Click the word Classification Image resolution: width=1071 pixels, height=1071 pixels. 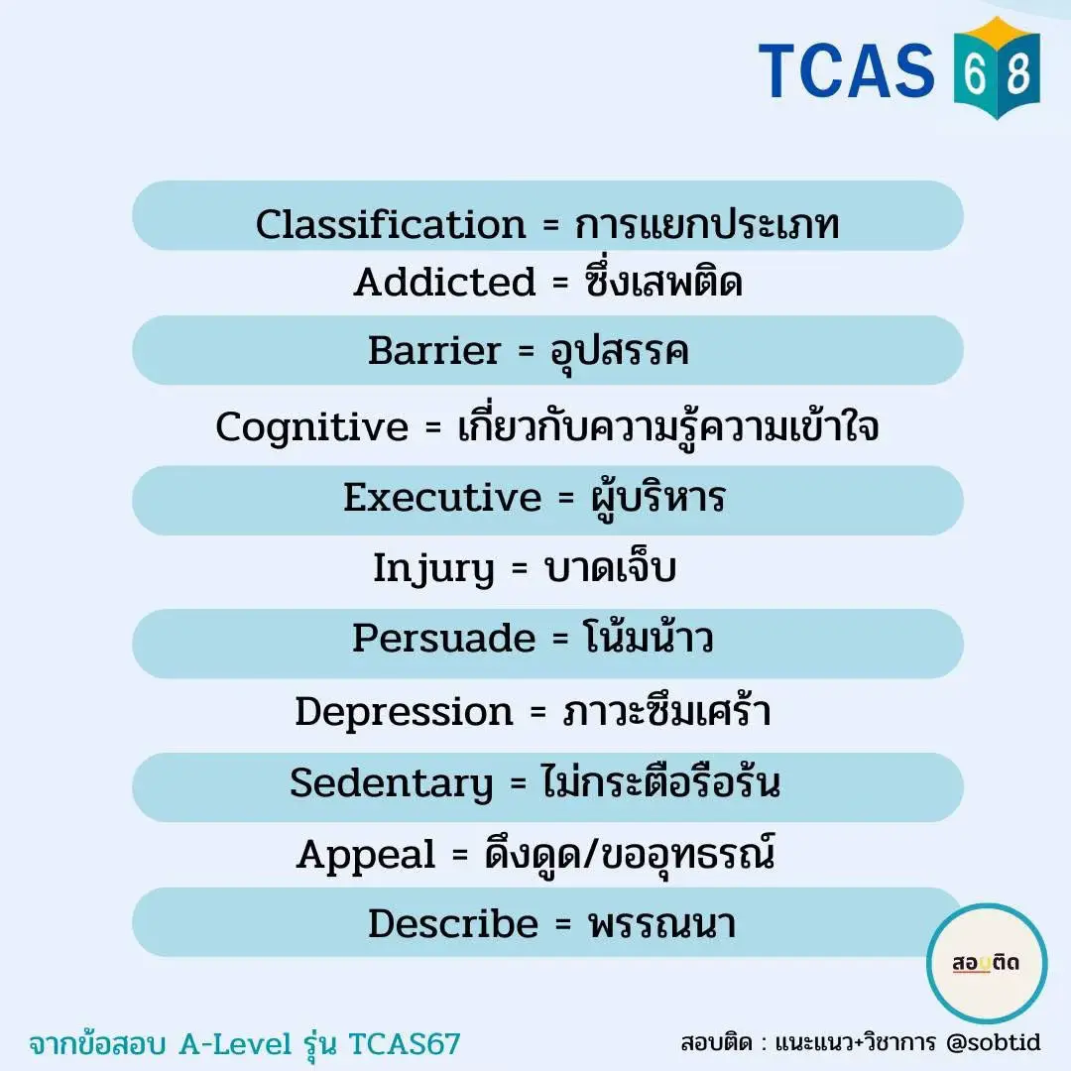point(391,224)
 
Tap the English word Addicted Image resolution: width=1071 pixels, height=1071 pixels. point(444,282)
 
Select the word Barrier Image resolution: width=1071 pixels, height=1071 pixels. point(434,350)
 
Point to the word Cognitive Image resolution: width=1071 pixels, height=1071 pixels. point(312,427)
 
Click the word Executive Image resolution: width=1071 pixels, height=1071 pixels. point(442,497)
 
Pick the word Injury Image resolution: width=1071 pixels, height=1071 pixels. point(433,569)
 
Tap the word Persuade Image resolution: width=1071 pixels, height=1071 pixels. point(444,638)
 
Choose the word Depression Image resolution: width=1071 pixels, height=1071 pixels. point(404,712)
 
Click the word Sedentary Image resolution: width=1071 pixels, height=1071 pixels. point(392,783)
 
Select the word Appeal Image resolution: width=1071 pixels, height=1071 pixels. point(366,855)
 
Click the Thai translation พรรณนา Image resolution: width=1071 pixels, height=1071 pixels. point(662,925)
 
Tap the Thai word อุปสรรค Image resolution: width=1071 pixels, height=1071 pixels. point(620,351)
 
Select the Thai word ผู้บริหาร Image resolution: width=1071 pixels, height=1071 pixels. point(657,499)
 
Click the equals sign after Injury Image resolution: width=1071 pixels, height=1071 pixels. point(520,568)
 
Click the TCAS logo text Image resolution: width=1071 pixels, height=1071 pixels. point(846,69)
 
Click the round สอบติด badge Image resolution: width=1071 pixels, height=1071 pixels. point(987,963)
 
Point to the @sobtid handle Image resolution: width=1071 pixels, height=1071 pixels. point(993,1042)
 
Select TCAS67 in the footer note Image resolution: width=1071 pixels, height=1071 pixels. point(405,1043)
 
